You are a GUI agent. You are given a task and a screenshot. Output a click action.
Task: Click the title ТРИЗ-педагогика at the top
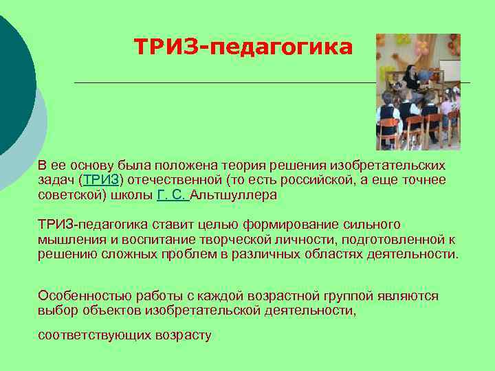click(x=243, y=47)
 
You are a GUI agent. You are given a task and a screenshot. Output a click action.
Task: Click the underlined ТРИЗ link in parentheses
click(x=102, y=180)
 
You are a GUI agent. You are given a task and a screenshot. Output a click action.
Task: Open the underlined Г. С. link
click(x=172, y=194)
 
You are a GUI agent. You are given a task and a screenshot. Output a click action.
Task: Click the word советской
click(x=69, y=194)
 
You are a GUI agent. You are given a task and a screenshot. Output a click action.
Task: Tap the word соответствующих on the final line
click(x=85, y=335)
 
